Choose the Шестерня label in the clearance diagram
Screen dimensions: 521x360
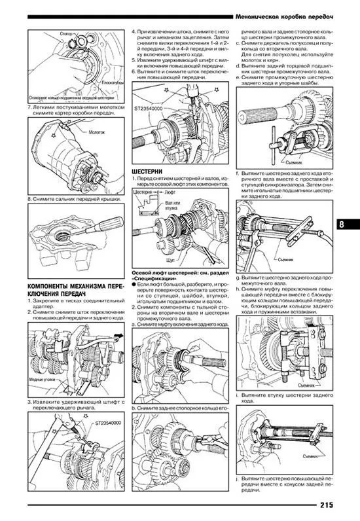pos(143,194)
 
